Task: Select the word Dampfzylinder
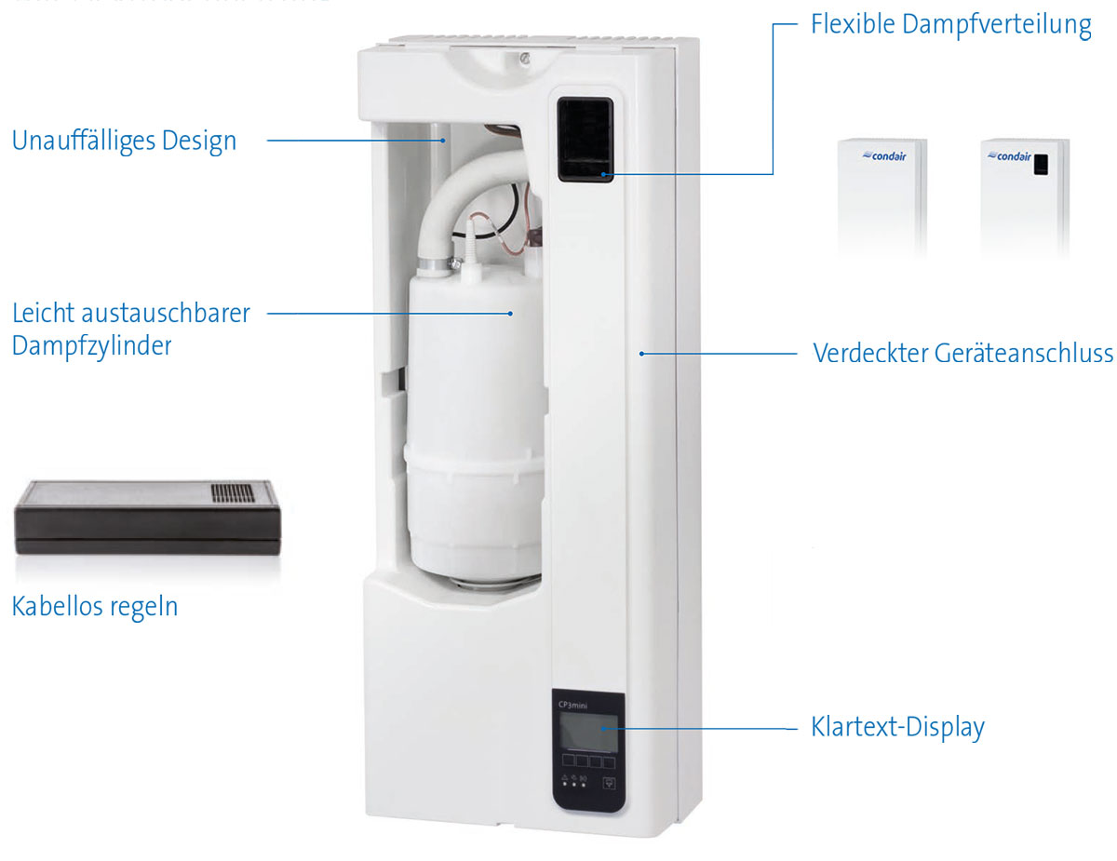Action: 91,346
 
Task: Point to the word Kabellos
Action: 57,607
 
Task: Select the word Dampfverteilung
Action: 996,25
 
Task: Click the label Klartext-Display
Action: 898,727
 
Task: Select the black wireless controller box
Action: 147,518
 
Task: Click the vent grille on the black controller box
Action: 232,492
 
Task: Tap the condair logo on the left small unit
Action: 883,157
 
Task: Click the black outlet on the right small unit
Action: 1041,164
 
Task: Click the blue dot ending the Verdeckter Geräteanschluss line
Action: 641,354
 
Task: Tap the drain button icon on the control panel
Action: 611,784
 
